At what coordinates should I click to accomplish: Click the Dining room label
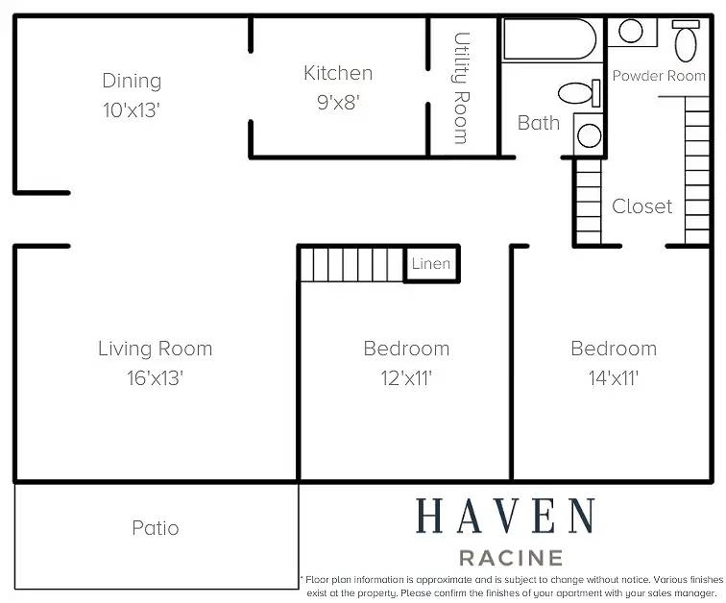tap(132, 82)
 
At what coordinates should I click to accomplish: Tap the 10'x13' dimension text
tap(132, 110)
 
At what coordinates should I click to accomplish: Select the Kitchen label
tap(338, 73)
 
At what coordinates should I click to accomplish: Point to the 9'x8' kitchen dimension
tap(338, 103)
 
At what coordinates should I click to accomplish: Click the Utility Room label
tap(461, 88)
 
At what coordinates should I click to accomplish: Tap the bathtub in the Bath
tap(549, 38)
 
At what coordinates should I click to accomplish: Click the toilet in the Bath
tap(579, 93)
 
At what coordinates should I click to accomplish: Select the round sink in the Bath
tap(589, 135)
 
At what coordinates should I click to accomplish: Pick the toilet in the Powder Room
tap(686, 40)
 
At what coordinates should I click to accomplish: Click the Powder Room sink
tap(631, 31)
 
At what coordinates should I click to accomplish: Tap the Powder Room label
tap(659, 76)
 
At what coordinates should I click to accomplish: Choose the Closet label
tap(641, 206)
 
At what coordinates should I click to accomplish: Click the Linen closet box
tap(431, 263)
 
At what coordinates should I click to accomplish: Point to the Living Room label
tap(156, 349)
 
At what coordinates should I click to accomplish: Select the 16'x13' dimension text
tap(156, 378)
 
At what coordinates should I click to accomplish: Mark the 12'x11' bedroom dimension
tap(406, 378)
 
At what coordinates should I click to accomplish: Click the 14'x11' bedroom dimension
tap(614, 378)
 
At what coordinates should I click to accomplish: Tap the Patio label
tap(156, 528)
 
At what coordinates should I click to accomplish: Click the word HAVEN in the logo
tap(505, 516)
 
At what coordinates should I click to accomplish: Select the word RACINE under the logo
tap(511, 558)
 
